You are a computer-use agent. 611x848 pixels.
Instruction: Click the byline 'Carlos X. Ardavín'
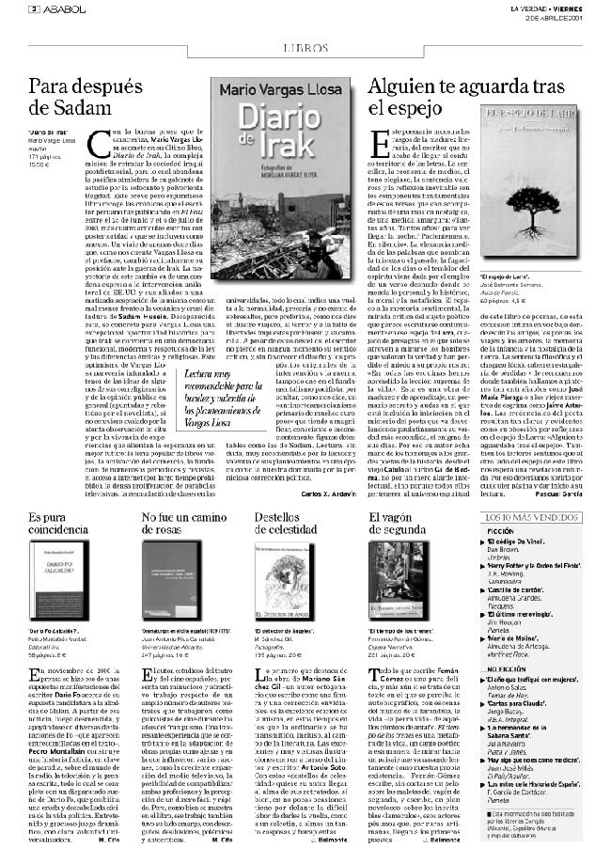[x=327, y=493]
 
